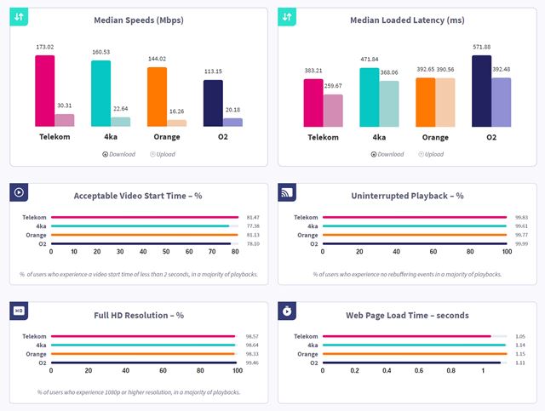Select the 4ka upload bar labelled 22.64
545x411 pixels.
click(120, 122)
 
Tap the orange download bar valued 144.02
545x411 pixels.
click(157, 96)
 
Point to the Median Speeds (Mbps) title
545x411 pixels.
click(138, 20)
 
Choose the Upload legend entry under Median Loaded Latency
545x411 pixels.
click(430, 154)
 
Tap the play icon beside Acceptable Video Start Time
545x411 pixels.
click(19, 191)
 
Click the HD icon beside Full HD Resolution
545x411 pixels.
click(19, 311)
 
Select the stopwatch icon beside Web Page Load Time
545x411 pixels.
click(288, 311)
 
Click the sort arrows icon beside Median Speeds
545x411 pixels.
click(19, 17)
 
